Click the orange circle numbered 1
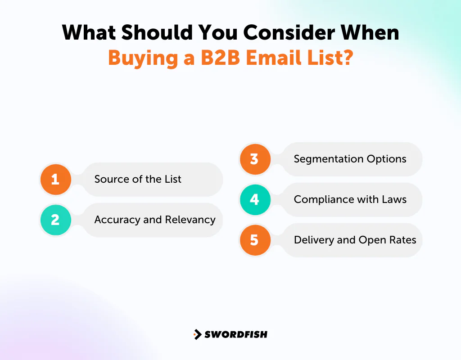pos(55,180)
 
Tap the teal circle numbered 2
pos(55,220)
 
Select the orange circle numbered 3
pos(254,159)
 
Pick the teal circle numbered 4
pos(254,199)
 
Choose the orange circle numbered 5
pos(254,240)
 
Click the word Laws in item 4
pos(395,199)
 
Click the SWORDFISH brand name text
pos(236,334)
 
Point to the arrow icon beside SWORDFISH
pos(197,334)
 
